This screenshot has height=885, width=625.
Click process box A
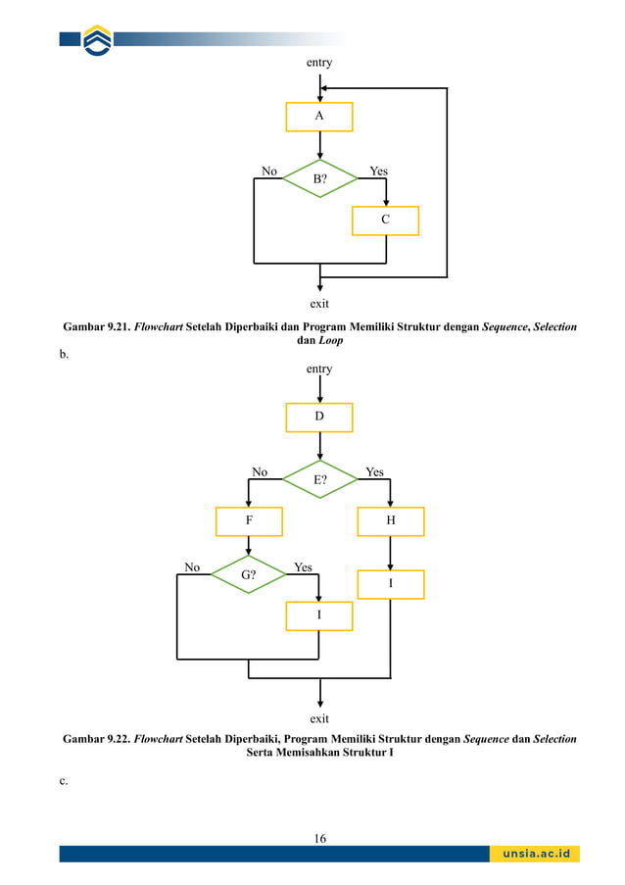click(318, 117)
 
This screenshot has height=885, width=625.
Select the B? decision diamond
click(319, 179)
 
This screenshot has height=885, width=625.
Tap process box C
click(385, 221)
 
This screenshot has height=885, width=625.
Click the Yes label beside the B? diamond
click(378, 172)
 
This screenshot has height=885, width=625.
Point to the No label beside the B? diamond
click(268, 172)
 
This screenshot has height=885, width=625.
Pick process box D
click(318, 418)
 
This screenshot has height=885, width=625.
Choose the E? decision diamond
click(319, 480)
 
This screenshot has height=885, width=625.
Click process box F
click(249, 521)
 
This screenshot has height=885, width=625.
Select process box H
click(391, 521)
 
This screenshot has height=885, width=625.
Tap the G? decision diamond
click(249, 575)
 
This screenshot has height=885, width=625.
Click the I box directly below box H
click(391, 584)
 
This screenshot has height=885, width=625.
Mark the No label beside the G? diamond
click(192, 567)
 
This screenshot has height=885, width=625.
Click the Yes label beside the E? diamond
click(374, 472)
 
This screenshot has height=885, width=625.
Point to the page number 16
click(319, 837)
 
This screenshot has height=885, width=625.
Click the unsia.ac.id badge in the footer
click(535, 854)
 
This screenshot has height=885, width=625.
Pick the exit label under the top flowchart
click(319, 303)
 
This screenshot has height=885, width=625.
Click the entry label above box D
click(319, 369)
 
